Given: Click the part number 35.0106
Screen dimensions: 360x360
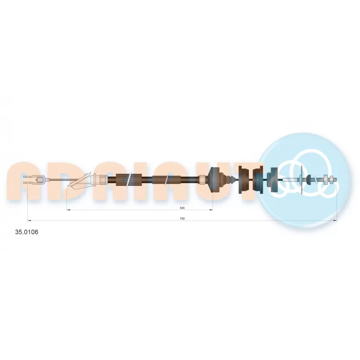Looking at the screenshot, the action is (x=27, y=232).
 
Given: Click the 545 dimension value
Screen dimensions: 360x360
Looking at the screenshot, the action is (x=182, y=208).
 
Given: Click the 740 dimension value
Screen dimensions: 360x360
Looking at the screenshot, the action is (x=182, y=219).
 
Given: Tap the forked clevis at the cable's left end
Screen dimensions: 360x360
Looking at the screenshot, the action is (x=34, y=180).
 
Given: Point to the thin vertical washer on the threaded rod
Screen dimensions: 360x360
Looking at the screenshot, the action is (x=301, y=180).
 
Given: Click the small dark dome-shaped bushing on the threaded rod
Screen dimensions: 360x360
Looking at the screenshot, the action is (x=308, y=180).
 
